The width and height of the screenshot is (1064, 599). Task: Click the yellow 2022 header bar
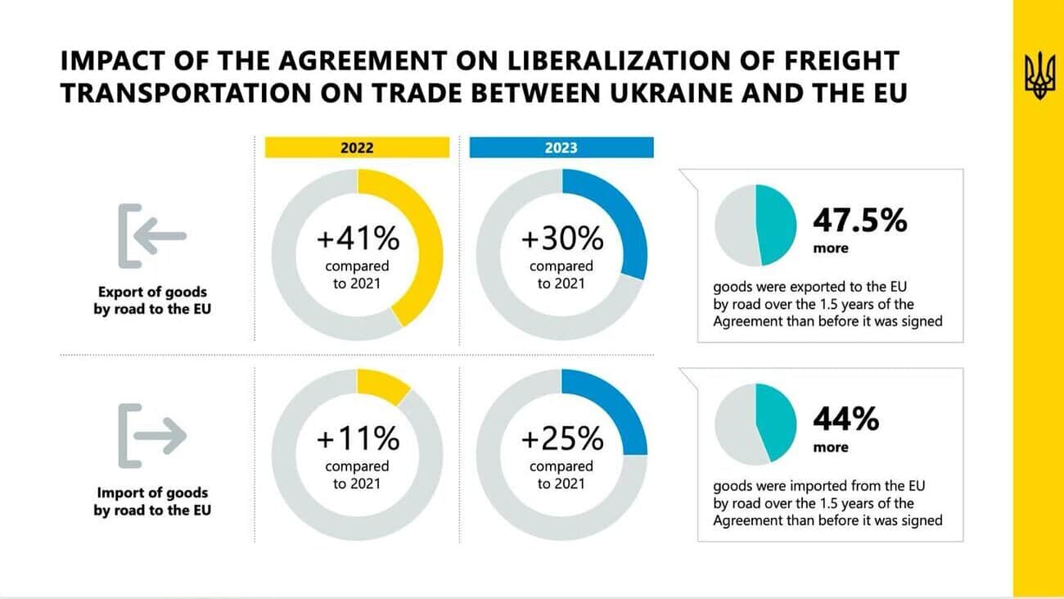pos(357,147)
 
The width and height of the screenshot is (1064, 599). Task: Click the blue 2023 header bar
pos(561,147)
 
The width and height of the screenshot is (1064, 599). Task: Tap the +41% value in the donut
pos(358,239)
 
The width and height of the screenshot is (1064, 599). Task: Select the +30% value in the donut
pos(562,239)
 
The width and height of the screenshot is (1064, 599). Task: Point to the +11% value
pos(358,439)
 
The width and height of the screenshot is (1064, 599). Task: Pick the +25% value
pos(562,439)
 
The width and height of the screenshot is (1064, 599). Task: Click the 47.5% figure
pos(859,220)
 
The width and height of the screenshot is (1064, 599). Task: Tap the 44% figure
pos(845,420)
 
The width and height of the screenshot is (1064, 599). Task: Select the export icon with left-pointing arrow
pos(152,235)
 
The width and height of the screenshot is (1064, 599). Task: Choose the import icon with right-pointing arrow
pos(152,435)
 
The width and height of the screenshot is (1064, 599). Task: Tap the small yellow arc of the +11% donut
pos(381,386)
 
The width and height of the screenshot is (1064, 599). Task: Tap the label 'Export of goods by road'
pos(152,301)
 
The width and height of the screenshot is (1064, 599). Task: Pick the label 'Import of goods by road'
pos(152,501)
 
